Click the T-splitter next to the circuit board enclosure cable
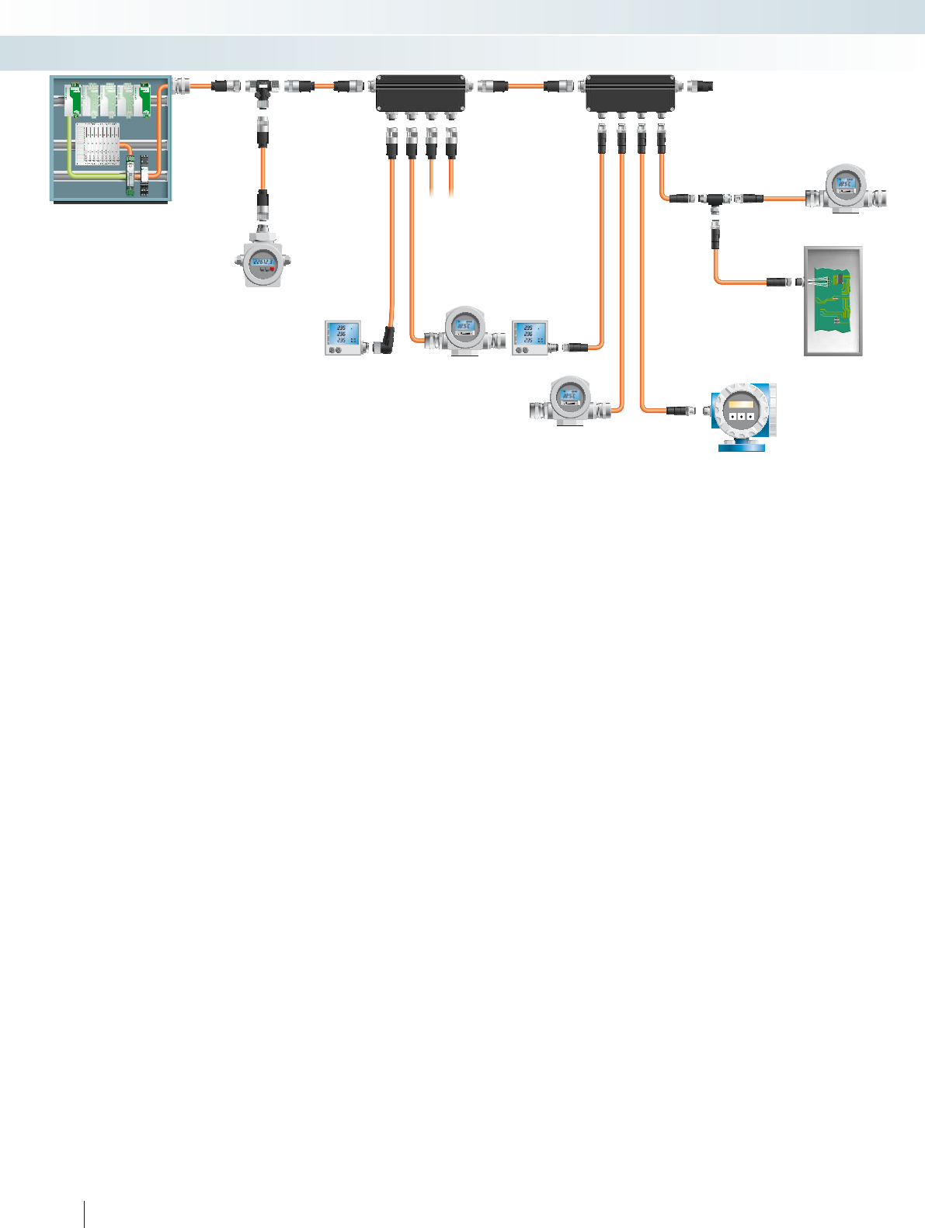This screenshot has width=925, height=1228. [714, 201]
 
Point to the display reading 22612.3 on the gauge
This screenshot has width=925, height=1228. [263, 262]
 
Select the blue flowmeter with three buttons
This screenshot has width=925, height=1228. [742, 416]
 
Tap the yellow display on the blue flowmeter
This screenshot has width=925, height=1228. [741, 404]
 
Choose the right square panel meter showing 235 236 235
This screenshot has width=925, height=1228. [530, 338]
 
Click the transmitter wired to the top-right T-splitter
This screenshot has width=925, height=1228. [845, 189]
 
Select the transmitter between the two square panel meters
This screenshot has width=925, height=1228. [464, 331]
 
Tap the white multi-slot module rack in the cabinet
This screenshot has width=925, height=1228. [98, 143]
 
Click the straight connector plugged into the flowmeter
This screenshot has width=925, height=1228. [678, 409]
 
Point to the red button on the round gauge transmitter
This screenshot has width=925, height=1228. [273, 269]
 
